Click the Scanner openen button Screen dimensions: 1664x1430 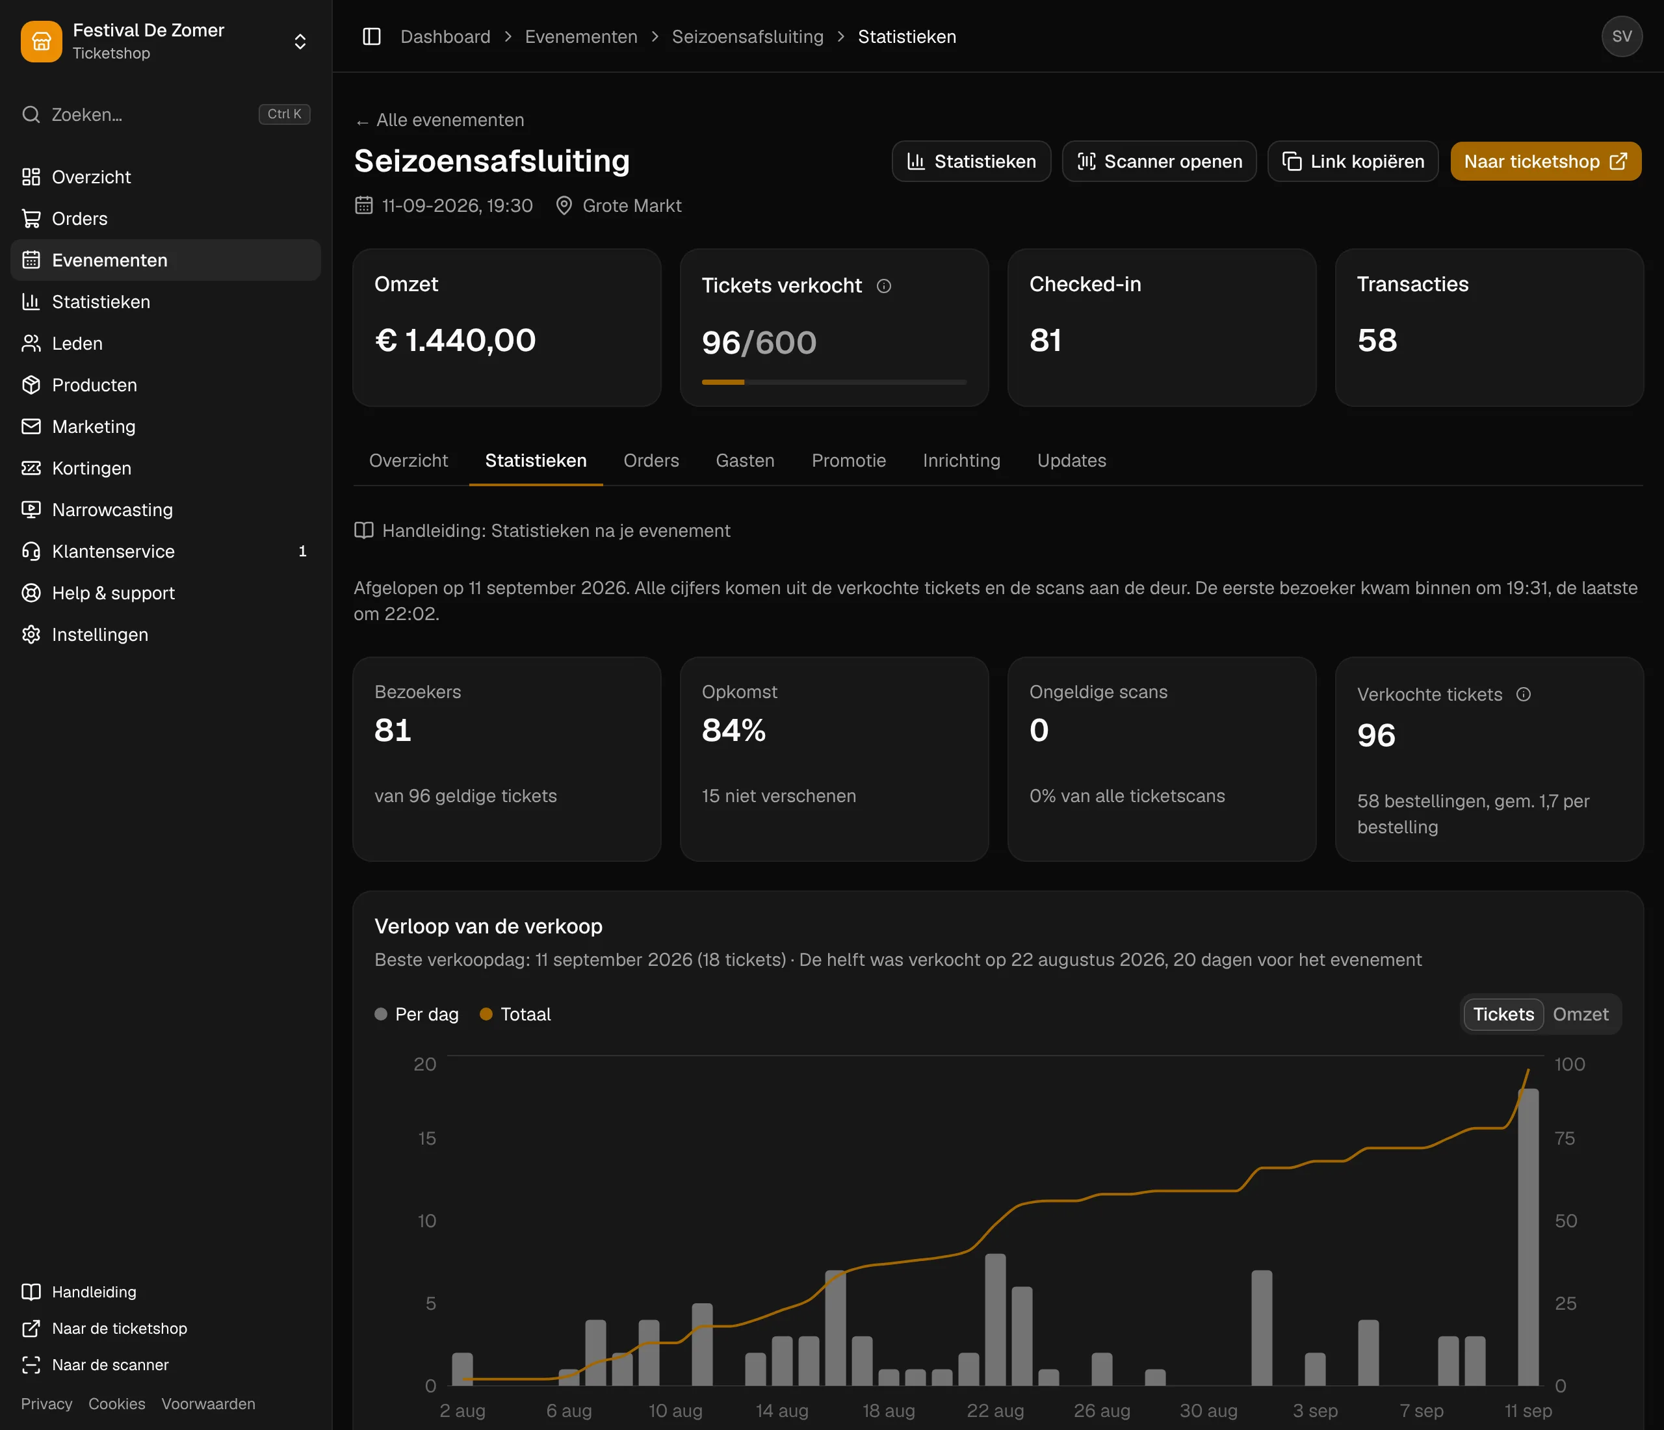click(1159, 161)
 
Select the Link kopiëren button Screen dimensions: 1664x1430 click(1353, 161)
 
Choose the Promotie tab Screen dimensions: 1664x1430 click(849, 460)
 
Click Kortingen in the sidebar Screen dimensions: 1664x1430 click(92, 468)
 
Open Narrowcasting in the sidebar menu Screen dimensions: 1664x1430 click(112, 510)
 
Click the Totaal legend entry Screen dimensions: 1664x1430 click(515, 1014)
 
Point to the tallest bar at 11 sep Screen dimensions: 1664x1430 click(1528, 1236)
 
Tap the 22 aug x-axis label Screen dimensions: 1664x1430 click(995, 1410)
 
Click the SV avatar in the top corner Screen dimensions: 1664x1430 click(1622, 36)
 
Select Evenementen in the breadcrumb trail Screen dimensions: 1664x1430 click(580, 37)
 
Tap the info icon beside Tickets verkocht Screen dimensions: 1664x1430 click(883, 286)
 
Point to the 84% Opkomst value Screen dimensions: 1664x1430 click(734, 731)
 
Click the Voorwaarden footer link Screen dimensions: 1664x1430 click(208, 1403)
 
